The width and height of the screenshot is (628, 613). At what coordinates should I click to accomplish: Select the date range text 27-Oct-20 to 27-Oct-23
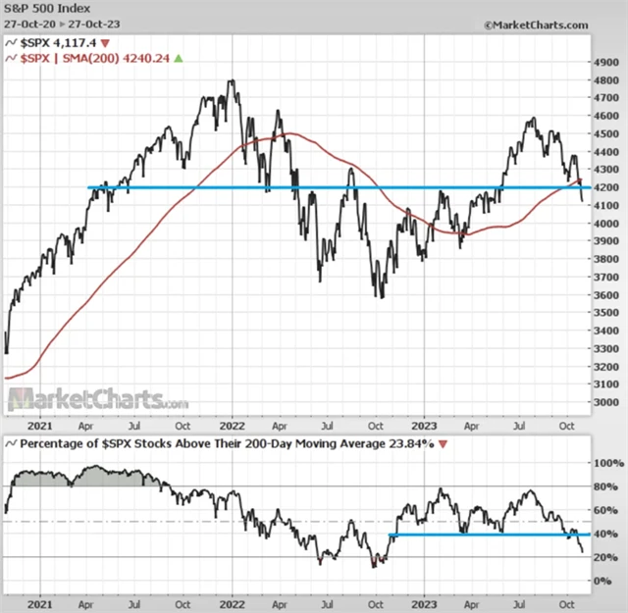pos(62,23)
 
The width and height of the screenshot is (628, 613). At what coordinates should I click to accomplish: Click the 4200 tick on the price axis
pos(607,188)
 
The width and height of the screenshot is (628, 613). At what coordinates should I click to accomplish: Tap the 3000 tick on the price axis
pos(607,403)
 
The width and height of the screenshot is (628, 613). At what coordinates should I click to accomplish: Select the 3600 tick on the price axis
pos(607,295)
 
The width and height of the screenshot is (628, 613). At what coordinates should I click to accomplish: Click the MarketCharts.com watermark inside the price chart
pos(98,400)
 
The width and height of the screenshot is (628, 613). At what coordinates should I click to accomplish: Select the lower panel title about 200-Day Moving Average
pos(216,445)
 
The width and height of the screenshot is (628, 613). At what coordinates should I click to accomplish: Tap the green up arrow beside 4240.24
pos(179,59)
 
